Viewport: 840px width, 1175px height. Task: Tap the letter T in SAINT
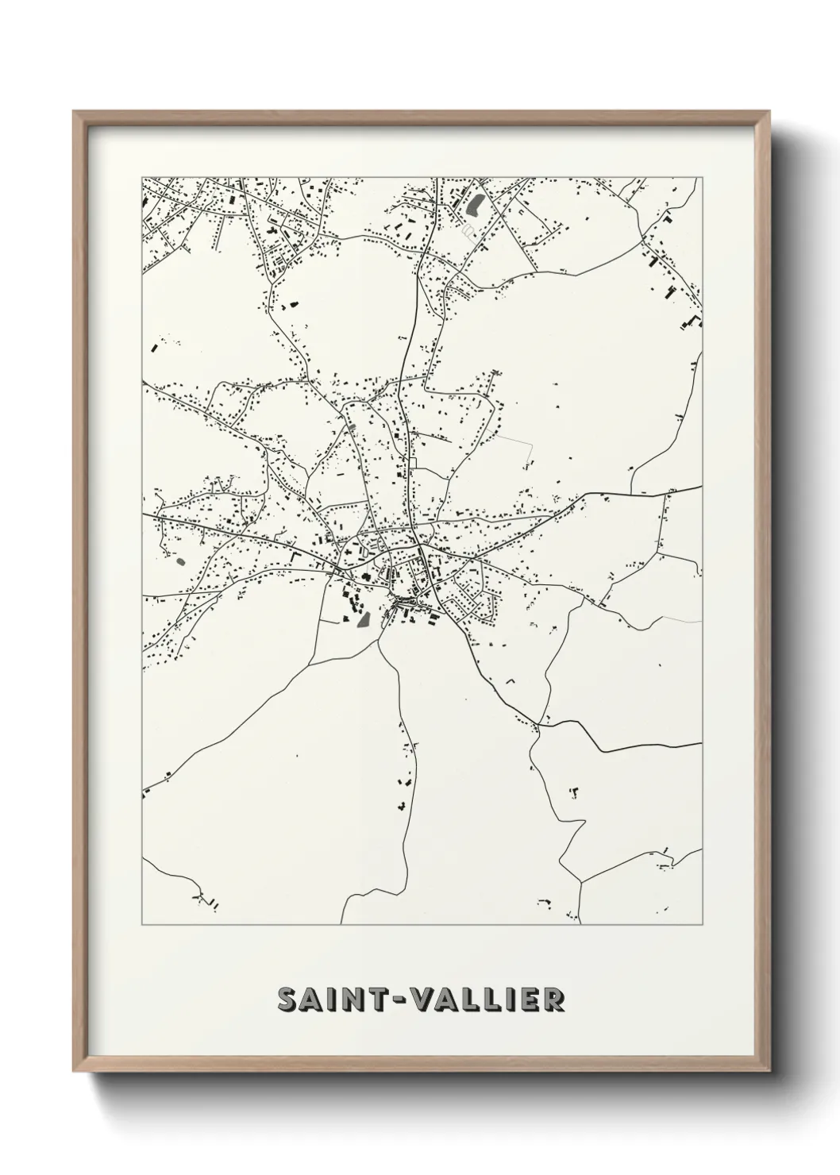tap(378, 1000)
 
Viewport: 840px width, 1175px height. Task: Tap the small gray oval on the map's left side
tap(180, 561)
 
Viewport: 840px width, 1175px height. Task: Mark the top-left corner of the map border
tap(142, 177)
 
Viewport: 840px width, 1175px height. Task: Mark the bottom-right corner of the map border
tap(703, 925)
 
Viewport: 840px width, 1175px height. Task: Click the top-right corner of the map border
tap(703, 177)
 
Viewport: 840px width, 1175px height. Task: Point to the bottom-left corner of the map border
tap(142, 925)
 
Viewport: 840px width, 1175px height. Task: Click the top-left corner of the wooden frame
tap(74, 112)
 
